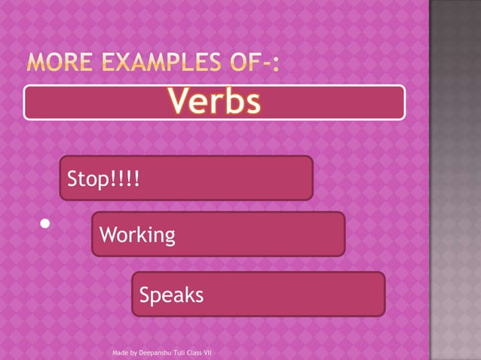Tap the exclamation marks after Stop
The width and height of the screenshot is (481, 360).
(x=127, y=181)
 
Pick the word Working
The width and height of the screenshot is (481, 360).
(x=137, y=236)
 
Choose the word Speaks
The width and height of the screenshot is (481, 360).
(x=171, y=295)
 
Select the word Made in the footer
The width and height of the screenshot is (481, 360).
(x=119, y=352)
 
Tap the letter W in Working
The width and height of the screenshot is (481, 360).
(x=108, y=235)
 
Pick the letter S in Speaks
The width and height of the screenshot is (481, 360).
(x=144, y=295)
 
